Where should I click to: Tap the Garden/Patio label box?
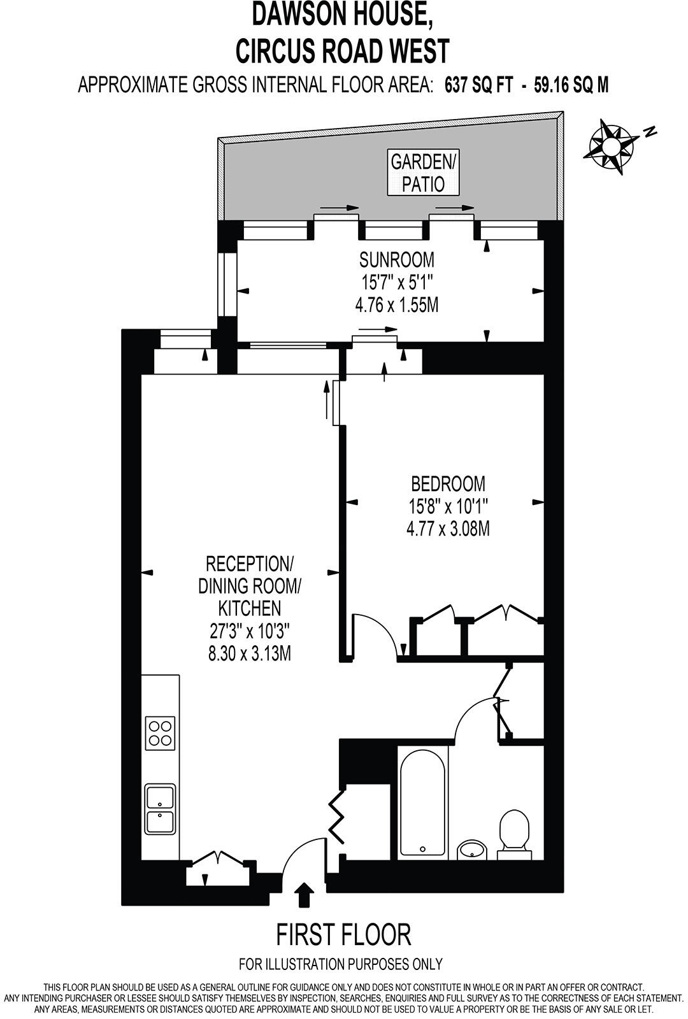423,173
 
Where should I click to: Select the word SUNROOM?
396,260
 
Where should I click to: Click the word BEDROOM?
448,483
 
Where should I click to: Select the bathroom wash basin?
472,849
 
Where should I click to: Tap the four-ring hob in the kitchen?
160,732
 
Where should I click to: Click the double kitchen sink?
160,809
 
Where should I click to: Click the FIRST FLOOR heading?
343,935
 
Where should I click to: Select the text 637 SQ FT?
478,85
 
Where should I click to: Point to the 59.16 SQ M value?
571,85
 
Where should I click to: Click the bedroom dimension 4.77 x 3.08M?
448,528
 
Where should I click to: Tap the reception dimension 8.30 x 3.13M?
250,653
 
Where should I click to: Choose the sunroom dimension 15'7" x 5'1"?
396,282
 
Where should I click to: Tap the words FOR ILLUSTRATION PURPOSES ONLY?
341,964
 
